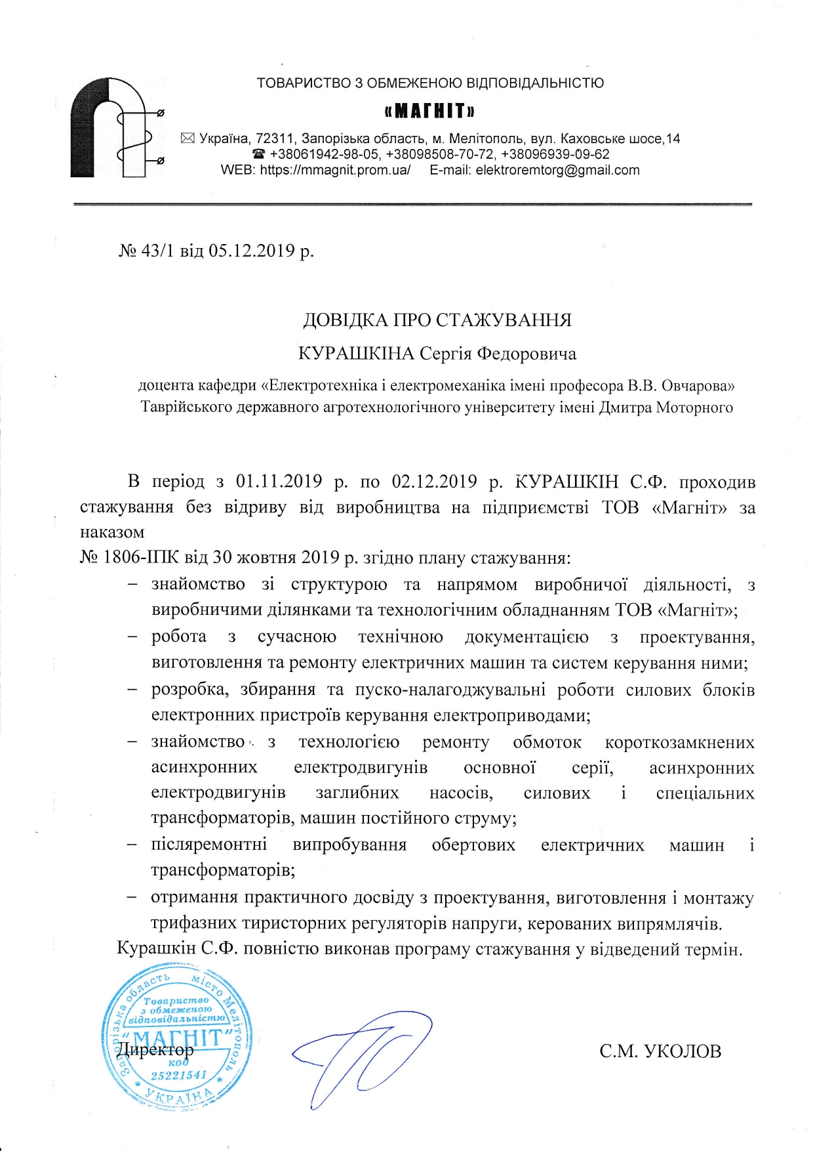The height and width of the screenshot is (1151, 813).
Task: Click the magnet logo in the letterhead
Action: [x=116, y=128]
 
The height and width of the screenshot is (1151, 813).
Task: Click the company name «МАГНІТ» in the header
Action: [x=429, y=110]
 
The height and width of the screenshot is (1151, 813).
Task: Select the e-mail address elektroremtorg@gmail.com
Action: [x=557, y=171]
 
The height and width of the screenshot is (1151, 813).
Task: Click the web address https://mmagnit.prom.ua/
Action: [x=335, y=171]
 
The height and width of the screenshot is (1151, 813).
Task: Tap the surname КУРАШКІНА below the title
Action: [x=356, y=354]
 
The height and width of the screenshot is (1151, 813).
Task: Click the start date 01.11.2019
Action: [x=279, y=482]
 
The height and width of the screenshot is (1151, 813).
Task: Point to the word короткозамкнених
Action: [x=679, y=742]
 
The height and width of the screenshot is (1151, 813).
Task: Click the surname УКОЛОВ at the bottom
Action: [x=683, y=1051]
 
